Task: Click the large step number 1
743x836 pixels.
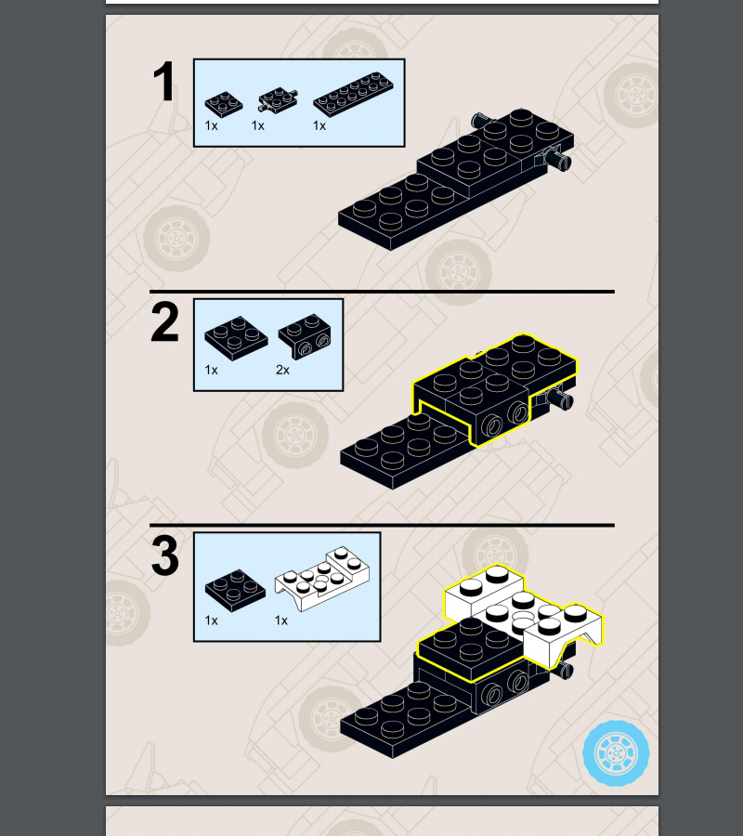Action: coord(163,81)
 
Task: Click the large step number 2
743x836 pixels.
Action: coord(164,322)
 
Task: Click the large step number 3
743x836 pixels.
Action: coord(165,555)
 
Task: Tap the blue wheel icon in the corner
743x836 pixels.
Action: coord(616,753)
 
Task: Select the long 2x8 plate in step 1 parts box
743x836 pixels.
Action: coord(353,94)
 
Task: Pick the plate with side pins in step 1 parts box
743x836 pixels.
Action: coord(278,99)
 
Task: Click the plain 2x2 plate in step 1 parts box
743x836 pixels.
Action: coord(223,104)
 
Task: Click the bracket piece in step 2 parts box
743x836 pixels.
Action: coord(305,336)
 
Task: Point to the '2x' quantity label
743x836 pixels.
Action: coord(283,370)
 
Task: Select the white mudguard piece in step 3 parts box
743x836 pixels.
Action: coord(322,578)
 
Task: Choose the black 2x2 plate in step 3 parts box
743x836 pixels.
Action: coord(235,590)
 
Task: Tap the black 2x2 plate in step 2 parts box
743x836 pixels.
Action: coord(236,338)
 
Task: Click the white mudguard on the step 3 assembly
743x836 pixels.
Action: coord(525,613)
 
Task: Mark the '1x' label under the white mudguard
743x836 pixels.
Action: coord(281,620)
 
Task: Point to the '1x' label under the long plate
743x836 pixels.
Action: coord(319,125)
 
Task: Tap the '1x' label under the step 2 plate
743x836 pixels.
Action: coord(211,370)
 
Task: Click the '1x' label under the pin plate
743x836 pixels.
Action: coord(258,125)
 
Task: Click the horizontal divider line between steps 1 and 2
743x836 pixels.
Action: coord(382,292)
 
